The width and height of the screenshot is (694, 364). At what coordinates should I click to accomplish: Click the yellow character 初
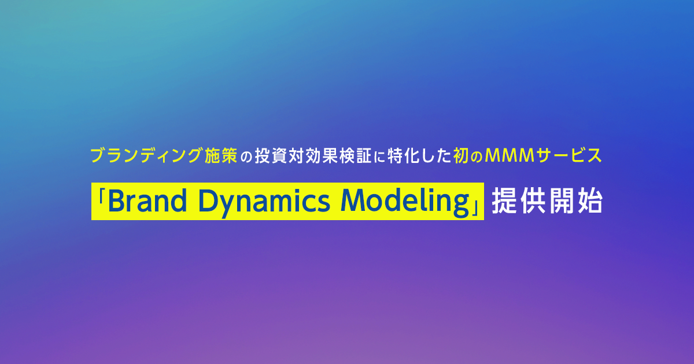460,155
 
